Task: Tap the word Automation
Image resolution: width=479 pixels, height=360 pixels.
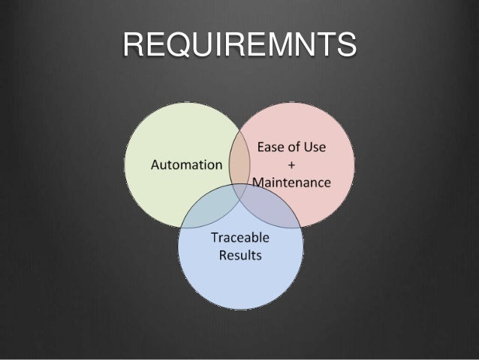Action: (x=187, y=164)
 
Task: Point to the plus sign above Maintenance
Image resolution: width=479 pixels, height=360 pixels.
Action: (x=291, y=164)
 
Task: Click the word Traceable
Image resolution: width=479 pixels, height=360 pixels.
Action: (x=240, y=238)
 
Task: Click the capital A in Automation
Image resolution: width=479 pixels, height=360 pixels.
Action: (x=157, y=164)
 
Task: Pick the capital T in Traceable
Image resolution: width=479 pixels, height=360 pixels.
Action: (x=214, y=238)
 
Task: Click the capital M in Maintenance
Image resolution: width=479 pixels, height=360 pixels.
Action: (x=259, y=181)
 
